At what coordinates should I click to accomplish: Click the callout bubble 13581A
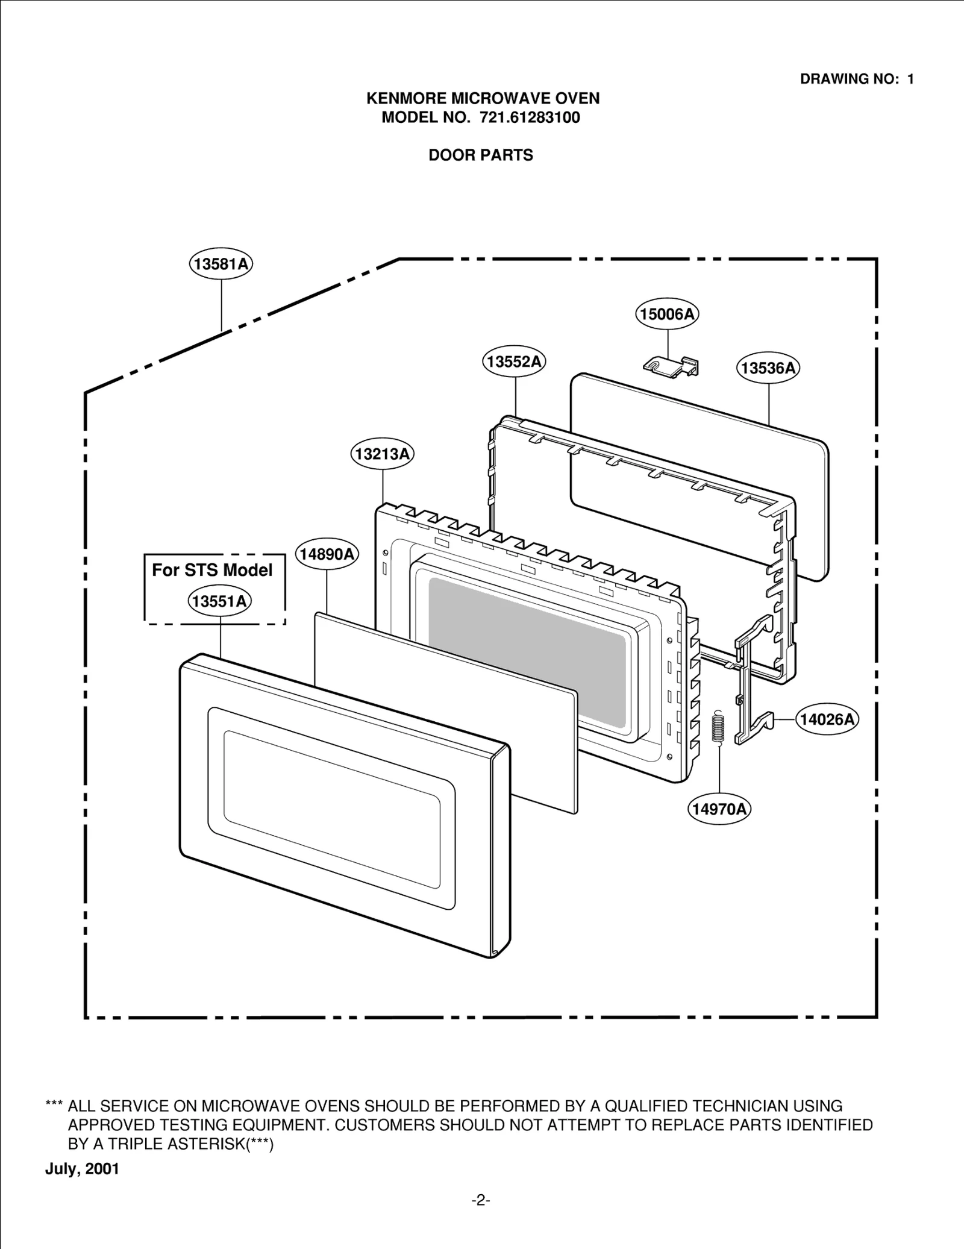pyautogui.click(x=221, y=264)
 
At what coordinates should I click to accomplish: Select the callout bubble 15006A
pyautogui.click(x=667, y=314)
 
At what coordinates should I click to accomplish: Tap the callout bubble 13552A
pyautogui.click(x=514, y=362)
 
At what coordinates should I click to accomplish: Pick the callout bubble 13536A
pyautogui.click(x=768, y=368)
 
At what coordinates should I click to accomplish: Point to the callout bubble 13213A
pyautogui.click(x=382, y=454)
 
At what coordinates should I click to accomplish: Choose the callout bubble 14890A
pyautogui.click(x=327, y=554)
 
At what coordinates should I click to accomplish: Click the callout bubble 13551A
pyautogui.click(x=220, y=601)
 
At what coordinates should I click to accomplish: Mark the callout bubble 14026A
pyautogui.click(x=827, y=719)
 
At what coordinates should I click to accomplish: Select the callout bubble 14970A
pyautogui.click(x=719, y=809)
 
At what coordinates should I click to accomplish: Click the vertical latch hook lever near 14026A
pyautogui.click(x=747, y=681)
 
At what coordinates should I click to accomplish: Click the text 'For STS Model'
pyautogui.click(x=212, y=570)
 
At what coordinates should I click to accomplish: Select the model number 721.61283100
pyautogui.click(x=530, y=117)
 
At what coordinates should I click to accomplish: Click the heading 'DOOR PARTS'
pyautogui.click(x=481, y=155)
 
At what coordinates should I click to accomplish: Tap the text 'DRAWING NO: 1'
pyautogui.click(x=857, y=79)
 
